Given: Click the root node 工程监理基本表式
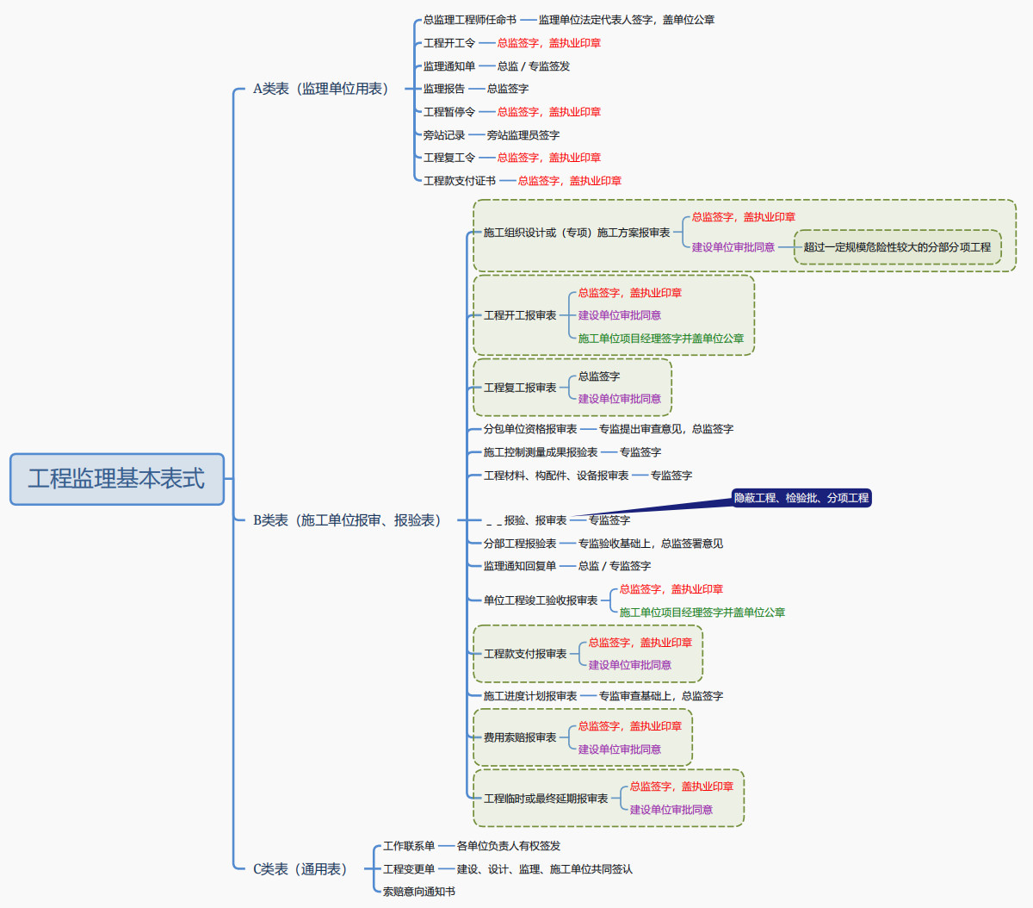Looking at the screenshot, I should click(116, 478).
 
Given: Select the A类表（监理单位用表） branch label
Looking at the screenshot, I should click(320, 89).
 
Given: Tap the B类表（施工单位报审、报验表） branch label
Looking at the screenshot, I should click(347, 520).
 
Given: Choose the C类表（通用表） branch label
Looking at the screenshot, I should click(300, 869).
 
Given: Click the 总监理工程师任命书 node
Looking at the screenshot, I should click(470, 20).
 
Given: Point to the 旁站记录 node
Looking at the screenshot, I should click(444, 135).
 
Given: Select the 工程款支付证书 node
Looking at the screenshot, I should click(460, 181).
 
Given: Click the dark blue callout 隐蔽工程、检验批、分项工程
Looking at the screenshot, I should click(801, 498).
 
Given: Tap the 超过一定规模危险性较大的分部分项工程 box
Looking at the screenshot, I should click(897, 247).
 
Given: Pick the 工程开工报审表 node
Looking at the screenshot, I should click(520, 315).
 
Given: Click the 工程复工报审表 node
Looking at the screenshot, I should click(520, 388).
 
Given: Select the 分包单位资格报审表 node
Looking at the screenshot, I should click(530, 429).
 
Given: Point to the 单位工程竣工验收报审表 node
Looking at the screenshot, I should click(541, 600).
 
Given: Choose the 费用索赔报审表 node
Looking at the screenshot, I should click(520, 737).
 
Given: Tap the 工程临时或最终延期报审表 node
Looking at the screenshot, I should click(546, 799).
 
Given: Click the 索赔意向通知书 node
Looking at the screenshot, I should click(419, 892).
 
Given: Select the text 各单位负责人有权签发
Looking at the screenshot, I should click(509, 846).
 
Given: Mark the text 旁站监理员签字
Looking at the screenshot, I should click(523, 135).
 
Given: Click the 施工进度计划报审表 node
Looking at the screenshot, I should click(530, 696).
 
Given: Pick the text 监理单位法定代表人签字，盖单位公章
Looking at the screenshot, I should click(627, 20).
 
